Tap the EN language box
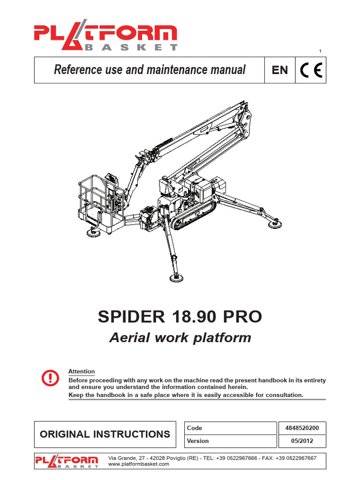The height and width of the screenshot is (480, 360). [280, 70]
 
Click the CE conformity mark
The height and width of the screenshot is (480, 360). [311, 70]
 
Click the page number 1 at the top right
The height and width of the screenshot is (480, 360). [320, 51]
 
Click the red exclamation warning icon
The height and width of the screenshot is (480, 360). [50, 377]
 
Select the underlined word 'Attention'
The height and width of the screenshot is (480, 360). [82, 371]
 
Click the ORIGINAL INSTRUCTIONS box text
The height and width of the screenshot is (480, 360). [105, 434]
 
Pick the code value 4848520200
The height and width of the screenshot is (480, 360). [302, 428]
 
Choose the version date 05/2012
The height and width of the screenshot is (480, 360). [302, 441]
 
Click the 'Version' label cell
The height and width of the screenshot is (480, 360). [198, 441]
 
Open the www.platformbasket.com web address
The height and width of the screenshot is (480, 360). [139, 464]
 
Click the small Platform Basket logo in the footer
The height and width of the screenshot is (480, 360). [67, 461]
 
